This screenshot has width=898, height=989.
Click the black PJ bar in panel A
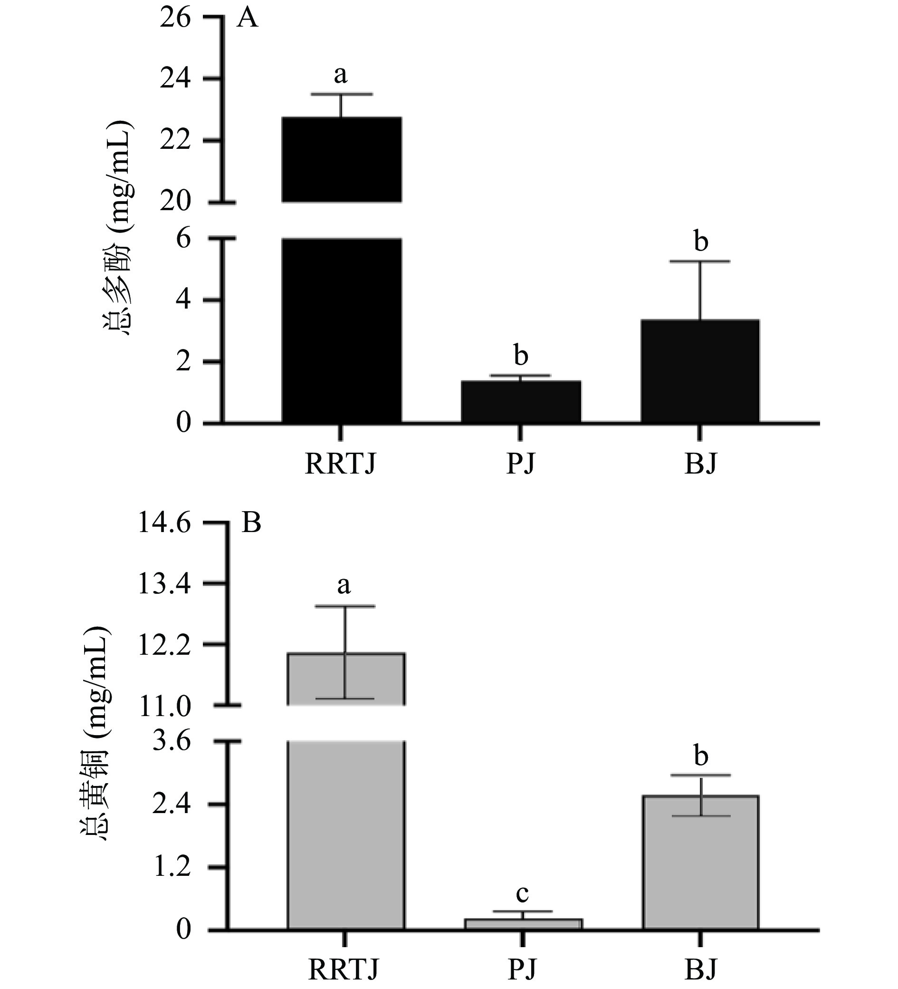click(x=521, y=401)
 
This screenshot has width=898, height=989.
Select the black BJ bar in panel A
click(x=700, y=371)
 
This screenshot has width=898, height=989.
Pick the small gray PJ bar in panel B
click(x=523, y=924)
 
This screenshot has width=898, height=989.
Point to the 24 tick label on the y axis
click(x=174, y=79)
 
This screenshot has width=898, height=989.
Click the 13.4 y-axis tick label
click(x=164, y=584)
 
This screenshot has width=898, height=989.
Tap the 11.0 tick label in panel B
click(x=164, y=707)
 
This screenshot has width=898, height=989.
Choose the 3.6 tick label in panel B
click(x=171, y=741)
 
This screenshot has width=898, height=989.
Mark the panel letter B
click(x=251, y=524)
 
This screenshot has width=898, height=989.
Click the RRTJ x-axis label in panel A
click(x=340, y=464)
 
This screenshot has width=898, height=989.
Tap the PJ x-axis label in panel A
click(x=521, y=464)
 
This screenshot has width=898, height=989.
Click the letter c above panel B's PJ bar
click(x=523, y=894)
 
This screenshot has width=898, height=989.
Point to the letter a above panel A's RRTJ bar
click(x=341, y=75)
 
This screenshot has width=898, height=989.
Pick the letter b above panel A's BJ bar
click(x=701, y=242)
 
